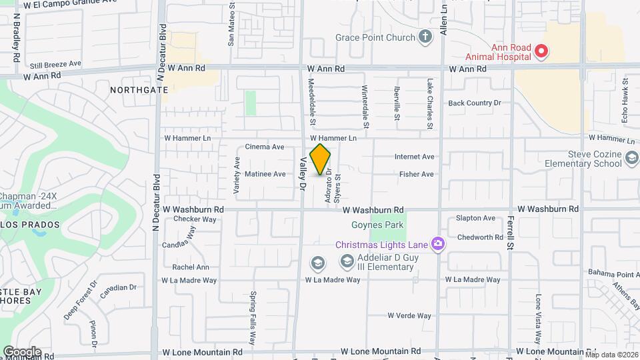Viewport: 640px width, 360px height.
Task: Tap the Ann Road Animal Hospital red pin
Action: [x=541, y=50]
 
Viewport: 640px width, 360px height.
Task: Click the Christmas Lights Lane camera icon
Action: [x=438, y=244]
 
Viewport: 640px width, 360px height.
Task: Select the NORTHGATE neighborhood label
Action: [x=139, y=89]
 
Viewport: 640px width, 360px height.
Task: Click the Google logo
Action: [x=22, y=351]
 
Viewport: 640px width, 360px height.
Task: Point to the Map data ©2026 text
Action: [x=611, y=355]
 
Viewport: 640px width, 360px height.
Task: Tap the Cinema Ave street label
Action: [x=265, y=147]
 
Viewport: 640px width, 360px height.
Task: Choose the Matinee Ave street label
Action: [x=265, y=174]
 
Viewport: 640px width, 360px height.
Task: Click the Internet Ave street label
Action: [x=414, y=157]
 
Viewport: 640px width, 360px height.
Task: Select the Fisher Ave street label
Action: [x=416, y=174]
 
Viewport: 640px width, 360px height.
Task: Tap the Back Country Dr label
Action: [x=474, y=103]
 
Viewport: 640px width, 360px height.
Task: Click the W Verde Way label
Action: [x=409, y=315]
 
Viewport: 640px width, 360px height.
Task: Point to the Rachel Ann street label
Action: [x=191, y=267]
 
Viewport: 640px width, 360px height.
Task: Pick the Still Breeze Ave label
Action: [x=55, y=65]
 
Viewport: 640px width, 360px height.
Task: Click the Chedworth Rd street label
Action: [x=480, y=237]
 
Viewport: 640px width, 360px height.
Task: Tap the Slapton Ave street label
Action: [x=475, y=218]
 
